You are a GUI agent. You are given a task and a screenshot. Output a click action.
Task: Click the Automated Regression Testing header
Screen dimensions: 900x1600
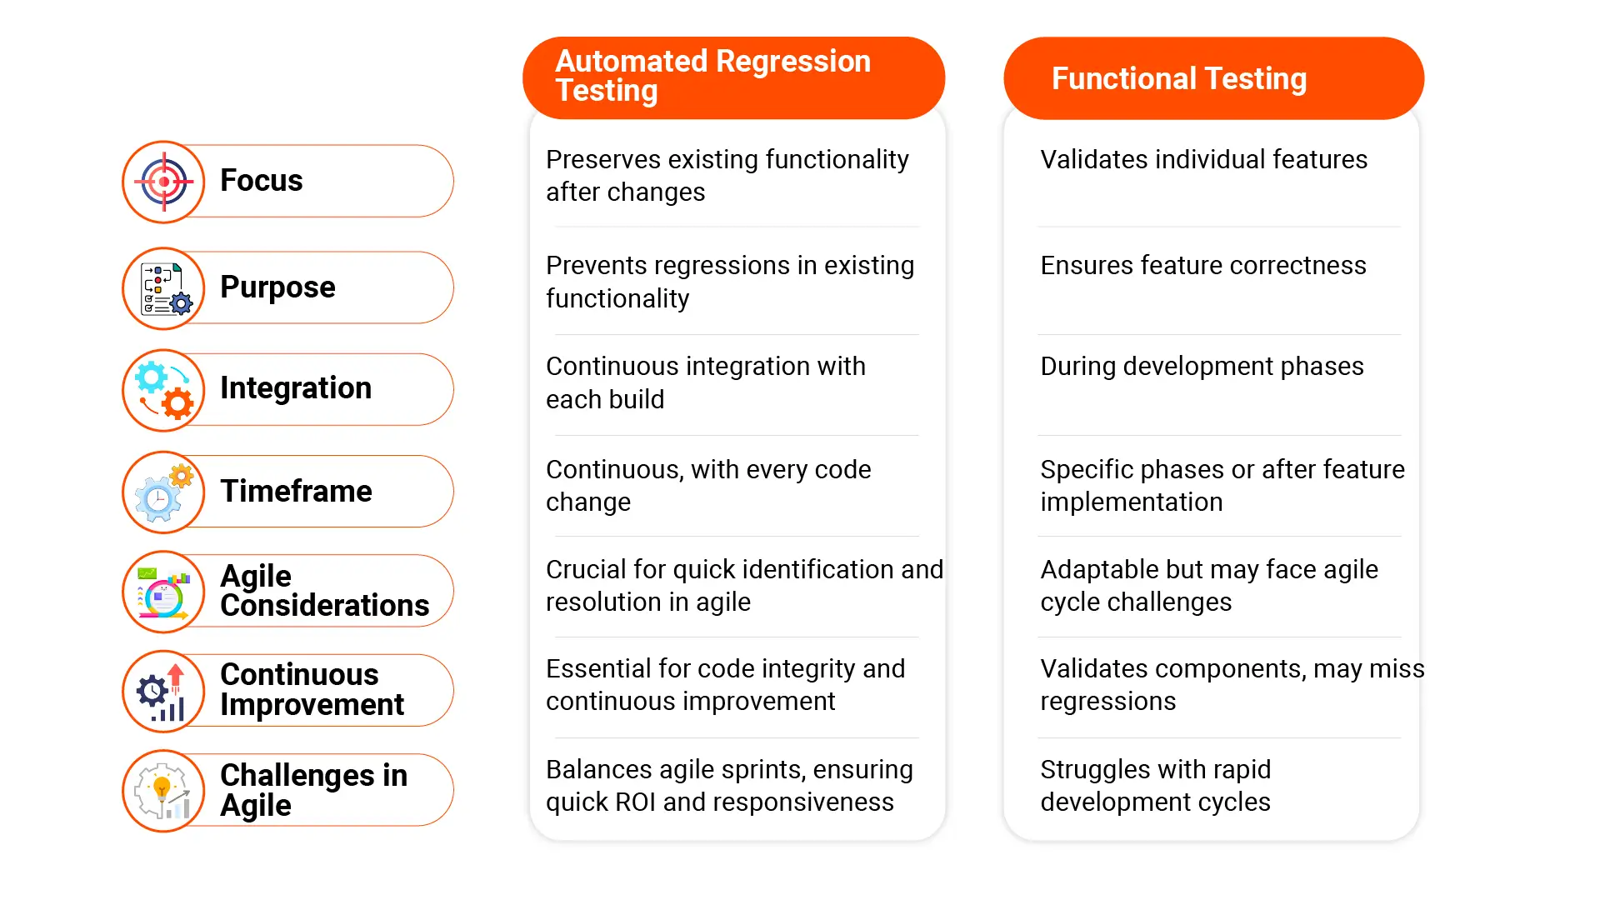pyautogui.click(x=733, y=77)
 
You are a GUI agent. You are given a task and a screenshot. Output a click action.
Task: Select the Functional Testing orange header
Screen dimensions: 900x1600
pyautogui.click(x=1213, y=78)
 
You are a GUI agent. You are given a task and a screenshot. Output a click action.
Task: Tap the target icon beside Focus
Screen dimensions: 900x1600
pyautogui.click(x=164, y=182)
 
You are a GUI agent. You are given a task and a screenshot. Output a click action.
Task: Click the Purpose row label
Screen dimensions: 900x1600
pyautogui.click(x=277, y=287)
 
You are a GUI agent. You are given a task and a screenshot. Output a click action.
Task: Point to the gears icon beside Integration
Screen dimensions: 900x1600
pyautogui.click(x=164, y=390)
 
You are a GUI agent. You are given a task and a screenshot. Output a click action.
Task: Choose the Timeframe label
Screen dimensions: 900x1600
pyautogui.click(x=296, y=492)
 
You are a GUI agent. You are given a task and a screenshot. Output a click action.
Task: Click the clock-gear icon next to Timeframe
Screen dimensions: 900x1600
pyautogui.click(x=164, y=492)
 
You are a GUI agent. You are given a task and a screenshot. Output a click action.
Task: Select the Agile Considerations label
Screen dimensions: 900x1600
pyautogui.click(x=324, y=591)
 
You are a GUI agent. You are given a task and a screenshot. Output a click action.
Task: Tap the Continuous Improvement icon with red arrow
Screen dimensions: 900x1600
pyautogui.click(x=164, y=692)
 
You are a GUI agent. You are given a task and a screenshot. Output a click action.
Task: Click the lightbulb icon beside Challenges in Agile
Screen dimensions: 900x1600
pyautogui.click(x=164, y=791)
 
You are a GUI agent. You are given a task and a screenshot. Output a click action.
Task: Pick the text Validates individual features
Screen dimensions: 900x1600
pyautogui.click(x=1203, y=160)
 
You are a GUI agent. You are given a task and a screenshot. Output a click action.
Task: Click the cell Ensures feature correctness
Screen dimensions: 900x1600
pyautogui.click(x=1202, y=266)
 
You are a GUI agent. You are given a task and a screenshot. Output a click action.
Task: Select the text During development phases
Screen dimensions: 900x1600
pyautogui.click(x=1202, y=367)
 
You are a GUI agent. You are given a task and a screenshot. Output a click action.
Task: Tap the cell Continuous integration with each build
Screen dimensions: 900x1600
pyautogui.click(x=705, y=382)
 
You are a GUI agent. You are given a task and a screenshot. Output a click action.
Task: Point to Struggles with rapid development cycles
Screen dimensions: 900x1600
pyautogui.click(x=1155, y=786)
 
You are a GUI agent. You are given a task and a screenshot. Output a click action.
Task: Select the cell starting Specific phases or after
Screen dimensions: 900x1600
pyautogui.click(x=1222, y=486)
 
